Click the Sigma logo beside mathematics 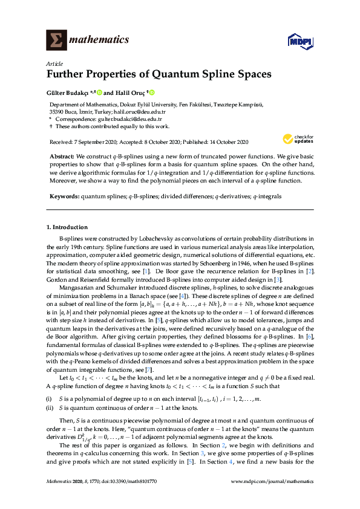[56, 40]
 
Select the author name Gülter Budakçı [67, 93]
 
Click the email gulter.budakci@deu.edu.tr [122, 120]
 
